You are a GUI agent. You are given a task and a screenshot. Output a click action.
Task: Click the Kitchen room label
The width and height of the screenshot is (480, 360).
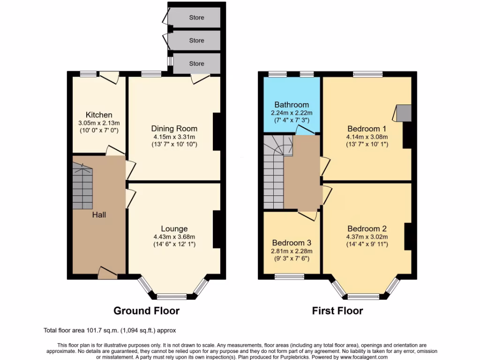pos(99,115)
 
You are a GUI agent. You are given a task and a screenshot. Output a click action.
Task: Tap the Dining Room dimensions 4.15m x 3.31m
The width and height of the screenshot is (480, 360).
pos(174,136)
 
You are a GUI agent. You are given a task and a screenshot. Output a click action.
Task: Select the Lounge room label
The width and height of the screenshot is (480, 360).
pos(174,229)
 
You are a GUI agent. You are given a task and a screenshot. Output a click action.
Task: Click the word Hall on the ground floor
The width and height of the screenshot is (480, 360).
pos(99,215)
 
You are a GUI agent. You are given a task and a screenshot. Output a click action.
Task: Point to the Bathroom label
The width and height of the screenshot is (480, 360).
pos(292,105)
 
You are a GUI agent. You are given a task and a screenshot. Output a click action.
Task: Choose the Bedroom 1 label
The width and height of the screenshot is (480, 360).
pos(367,129)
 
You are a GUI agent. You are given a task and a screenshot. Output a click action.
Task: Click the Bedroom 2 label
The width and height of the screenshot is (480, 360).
pos(367,229)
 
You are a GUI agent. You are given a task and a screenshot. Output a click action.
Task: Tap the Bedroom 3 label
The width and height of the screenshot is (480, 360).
pos(292,243)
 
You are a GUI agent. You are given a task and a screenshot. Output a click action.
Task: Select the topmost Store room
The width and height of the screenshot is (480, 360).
pos(196,18)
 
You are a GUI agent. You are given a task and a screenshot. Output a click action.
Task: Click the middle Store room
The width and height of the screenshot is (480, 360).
pos(196,41)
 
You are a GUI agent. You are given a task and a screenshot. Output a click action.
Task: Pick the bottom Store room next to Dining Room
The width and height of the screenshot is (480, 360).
pos(196,63)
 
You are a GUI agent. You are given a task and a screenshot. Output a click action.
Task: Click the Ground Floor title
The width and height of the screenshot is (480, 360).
pos(147,310)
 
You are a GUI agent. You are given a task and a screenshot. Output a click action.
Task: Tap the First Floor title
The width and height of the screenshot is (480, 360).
pos(337,310)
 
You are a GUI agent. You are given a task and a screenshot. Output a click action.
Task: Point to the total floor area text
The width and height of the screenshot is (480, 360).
pos(110,330)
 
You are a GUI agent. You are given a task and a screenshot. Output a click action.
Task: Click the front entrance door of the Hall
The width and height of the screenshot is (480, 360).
pos(107,272)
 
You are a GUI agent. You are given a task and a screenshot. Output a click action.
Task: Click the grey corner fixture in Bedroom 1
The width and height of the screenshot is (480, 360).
pos(403,112)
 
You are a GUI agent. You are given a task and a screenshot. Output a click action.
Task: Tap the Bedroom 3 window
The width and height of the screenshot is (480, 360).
pos(289,277)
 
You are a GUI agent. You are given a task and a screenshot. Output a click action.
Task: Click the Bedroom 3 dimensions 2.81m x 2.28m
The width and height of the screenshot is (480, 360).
pos(292,252)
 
